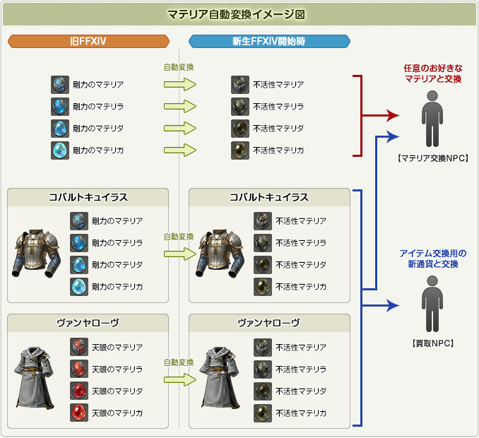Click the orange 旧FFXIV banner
coord(88,41)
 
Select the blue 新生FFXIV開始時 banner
coord(269,41)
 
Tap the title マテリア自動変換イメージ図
coord(236,14)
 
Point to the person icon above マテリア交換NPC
coord(432,119)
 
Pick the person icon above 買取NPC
coord(432,304)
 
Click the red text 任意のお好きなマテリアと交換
coord(433,73)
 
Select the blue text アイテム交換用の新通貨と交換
coord(433,259)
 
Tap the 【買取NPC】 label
coord(433,343)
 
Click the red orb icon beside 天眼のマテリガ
coord(79,413)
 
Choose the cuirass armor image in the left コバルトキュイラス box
coord(36,254)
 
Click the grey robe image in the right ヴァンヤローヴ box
coord(219,377)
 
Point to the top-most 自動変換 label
coord(179,67)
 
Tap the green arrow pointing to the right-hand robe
coord(180,379)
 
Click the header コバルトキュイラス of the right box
coord(269,197)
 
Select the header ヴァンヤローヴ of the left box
coord(88,323)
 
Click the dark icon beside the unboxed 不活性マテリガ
coord(240,150)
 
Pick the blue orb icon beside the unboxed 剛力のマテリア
coord(60,85)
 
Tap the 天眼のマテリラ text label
coord(117,369)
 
